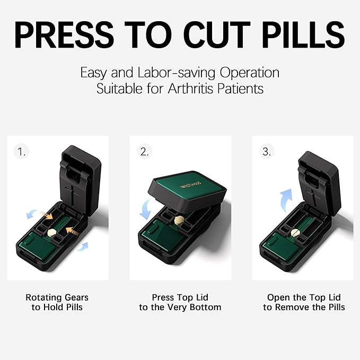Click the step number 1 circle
click(x=22, y=152)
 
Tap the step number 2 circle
click(x=144, y=152)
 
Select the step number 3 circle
click(x=267, y=152)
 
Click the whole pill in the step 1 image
click(x=52, y=232)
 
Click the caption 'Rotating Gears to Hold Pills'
click(x=57, y=302)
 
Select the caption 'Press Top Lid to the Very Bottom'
click(x=180, y=302)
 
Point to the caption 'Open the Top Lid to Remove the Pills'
click(x=304, y=302)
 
